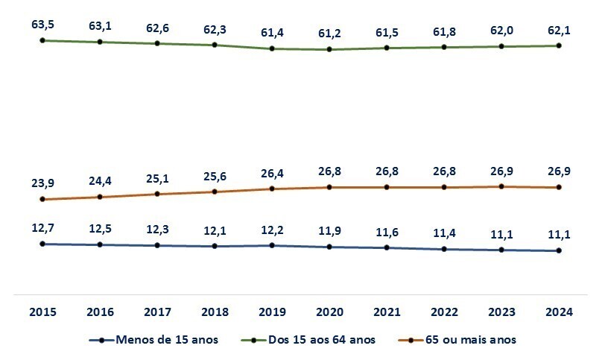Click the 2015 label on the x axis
pyautogui.click(x=42, y=312)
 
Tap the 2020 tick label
pyautogui.click(x=329, y=312)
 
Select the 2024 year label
pyautogui.click(x=559, y=312)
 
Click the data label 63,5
pyautogui.click(x=42, y=25)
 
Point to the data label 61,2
pyautogui.click(x=329, y=34)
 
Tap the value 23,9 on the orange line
pyautogui.click(x=42, y=183)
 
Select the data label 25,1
pyautogui.click(x=157, y=178)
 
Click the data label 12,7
pyautogui.click(x=42, y=228)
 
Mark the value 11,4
pyautogui.click(x=444, y=233)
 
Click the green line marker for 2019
pyautogui.click(x=272, y=48)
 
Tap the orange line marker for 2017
pyautogui.click(x=157, y=194)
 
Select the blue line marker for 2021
pyautogui.click(x=387, y=247)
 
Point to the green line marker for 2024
pyautogui.click(x=559, y=45)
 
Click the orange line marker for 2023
pyautogui.click(x=501, y=186)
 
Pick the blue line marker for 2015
pyautogui.click(x=42, y=244)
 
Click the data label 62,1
pyautogui.click(x=559, y=30)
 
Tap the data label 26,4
pyautogui.click(x=272, y=173)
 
